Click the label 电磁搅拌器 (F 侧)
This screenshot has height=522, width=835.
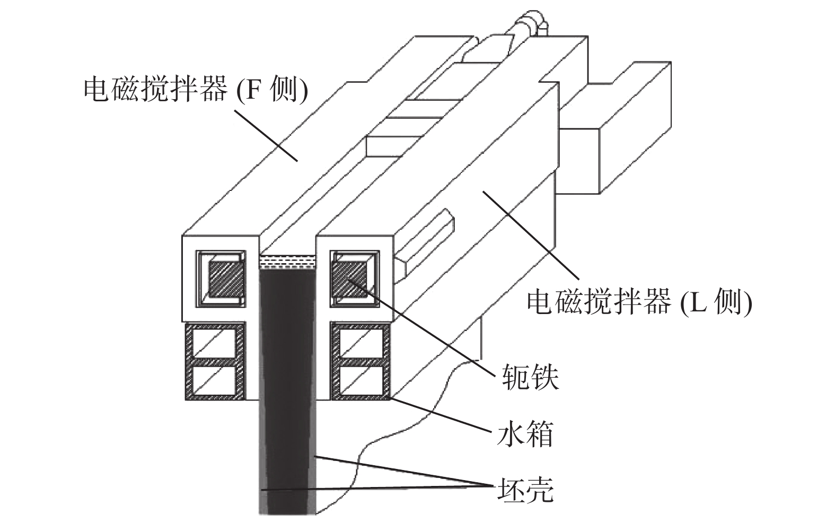[195, 90]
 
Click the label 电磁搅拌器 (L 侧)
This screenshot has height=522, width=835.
[639, 302]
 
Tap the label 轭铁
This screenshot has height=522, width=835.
[530, 378]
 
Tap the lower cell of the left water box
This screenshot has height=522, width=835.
[214, 381]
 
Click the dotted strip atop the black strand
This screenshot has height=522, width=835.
[287, 261]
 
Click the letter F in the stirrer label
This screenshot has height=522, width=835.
[253, 90]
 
